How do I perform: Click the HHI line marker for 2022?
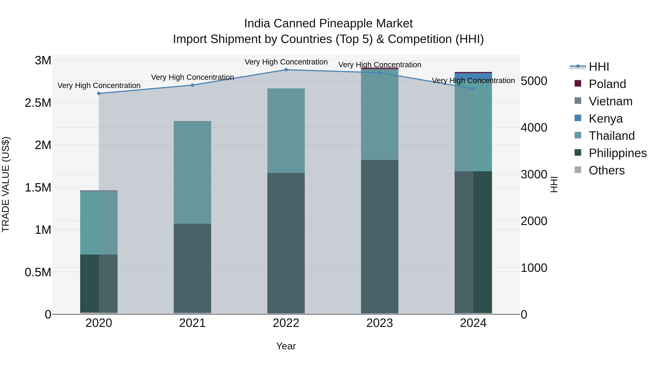point(286,70)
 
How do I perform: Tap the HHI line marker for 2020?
point(99,93)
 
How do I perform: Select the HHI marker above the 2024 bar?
point(473,89)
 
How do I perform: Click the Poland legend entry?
point(607,84)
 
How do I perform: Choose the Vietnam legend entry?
point(610,101)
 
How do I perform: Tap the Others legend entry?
point(606,170)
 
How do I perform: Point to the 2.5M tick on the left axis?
point(38,103)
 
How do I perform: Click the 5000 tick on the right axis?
point(534,81)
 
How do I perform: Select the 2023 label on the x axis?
point(380,323)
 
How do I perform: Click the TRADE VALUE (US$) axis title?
point(6,184)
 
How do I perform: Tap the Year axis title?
point(286,346)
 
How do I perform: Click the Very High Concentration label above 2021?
point(192,77)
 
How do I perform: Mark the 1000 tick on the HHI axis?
point(534,268)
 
